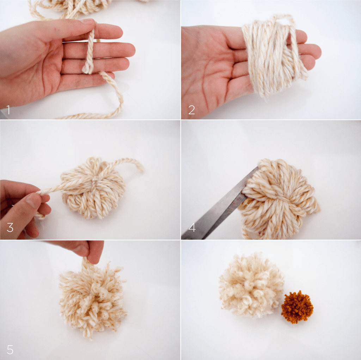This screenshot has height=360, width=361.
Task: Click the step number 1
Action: click(x=8, y=110)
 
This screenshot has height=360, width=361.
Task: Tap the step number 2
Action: click(x=191, y=110)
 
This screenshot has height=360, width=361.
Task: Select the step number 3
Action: click(x=10, y=227)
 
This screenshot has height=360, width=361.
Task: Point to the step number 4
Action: click(x=192, y=227)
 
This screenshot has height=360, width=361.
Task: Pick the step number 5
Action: click(x=10, y=349)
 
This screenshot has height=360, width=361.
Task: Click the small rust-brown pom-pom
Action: click(x=297, y=307)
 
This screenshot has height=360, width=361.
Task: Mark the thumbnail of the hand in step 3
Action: click(x=32, y=200)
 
